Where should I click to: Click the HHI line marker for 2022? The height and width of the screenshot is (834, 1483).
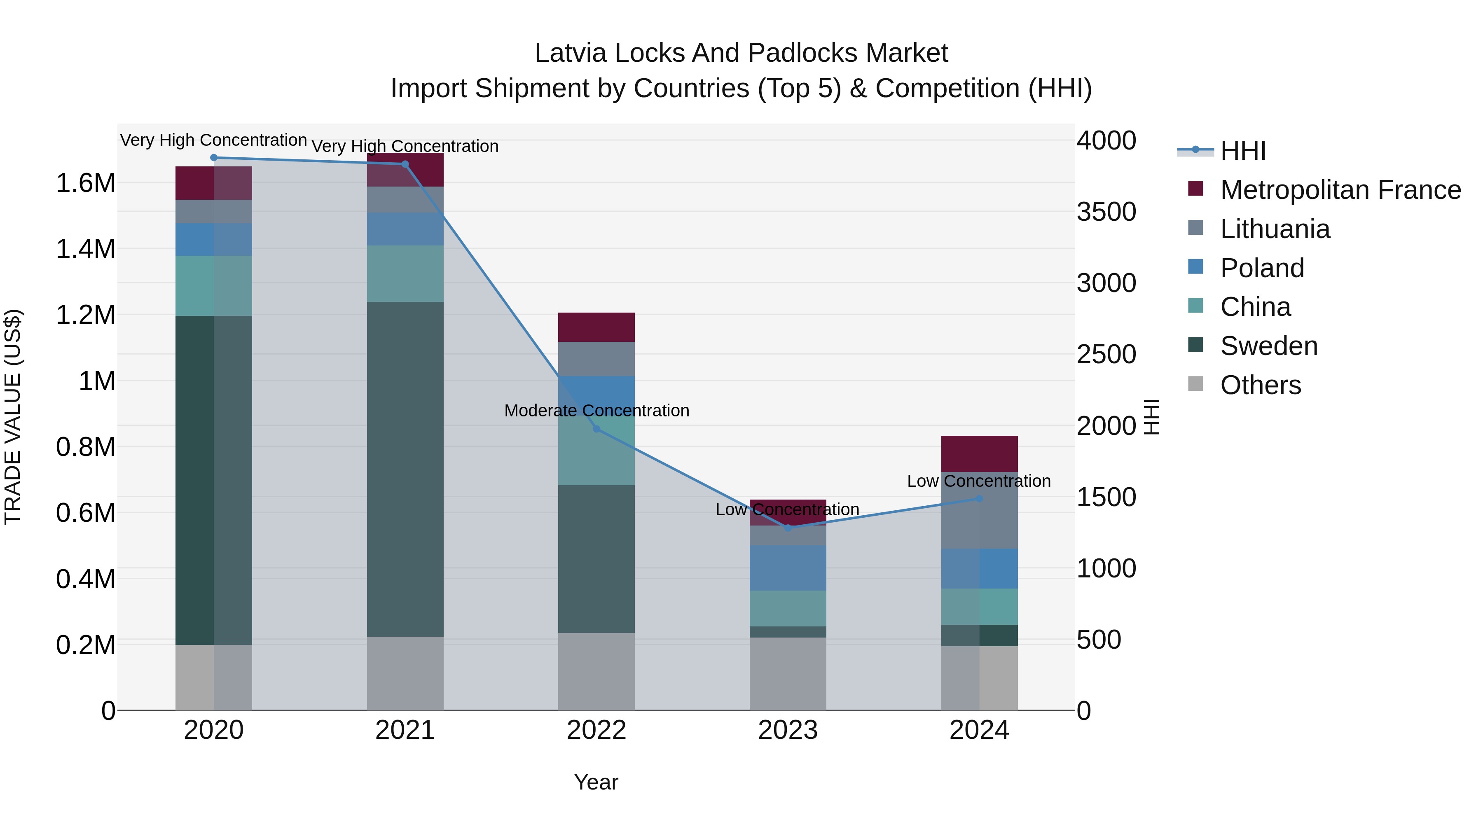tap(596, 429)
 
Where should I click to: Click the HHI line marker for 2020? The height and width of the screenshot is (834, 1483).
tap(213, 158)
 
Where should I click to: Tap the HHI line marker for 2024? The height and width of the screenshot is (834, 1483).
tap(979, 498)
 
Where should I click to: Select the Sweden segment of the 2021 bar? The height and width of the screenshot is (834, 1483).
tap(405, 469)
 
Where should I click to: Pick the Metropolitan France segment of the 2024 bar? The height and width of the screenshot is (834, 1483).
tap(979, 453)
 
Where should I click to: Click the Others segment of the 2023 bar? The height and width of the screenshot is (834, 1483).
tap(788, 673)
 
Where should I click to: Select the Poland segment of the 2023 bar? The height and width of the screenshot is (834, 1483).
tap(788, 568)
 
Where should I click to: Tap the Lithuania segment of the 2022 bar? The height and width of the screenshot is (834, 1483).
tap(596, 359)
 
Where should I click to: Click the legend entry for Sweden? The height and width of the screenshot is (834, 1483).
tap(1268, 346)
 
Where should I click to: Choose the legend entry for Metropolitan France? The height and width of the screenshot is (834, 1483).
tap(1340, 190)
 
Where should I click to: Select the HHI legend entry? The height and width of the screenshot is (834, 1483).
tap(1242, 151)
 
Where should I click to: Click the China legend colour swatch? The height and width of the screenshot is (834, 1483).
tap(1196, 306)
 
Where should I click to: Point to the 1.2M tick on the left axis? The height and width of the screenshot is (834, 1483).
tap(85, 315)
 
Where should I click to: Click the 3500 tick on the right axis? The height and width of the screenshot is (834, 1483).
tap(1106, 212)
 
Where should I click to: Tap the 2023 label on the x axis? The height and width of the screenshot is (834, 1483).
tap(788, 730)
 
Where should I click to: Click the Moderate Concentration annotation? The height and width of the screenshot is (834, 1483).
tap(596, 410)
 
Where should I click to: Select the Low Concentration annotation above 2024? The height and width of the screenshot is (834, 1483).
tap(979, 481)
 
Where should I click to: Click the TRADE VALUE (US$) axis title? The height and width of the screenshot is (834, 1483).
tap(13, 417)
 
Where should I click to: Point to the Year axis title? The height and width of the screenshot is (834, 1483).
tap(596, 782)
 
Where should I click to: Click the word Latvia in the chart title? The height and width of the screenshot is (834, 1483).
tap(571, 53)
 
